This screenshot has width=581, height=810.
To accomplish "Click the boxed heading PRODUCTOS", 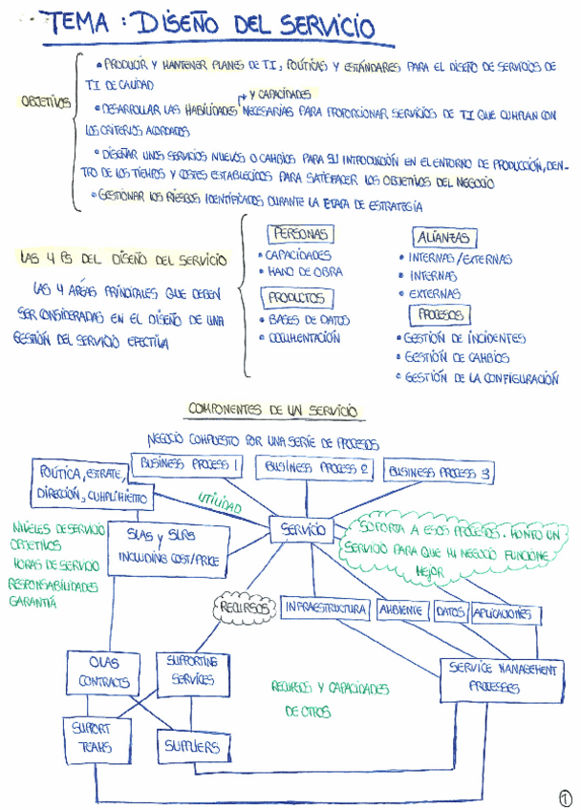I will pos(295,298).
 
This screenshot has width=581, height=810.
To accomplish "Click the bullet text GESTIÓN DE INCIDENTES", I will pos(463,337).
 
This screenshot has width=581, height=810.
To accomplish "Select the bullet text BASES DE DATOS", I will pos(307,320).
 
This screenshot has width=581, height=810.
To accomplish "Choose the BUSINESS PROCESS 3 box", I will pos(439,472).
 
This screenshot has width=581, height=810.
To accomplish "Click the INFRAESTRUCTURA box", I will pos(324,608).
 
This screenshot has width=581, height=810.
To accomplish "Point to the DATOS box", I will pos(449,612).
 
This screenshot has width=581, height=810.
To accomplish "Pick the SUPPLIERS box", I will pos(192,745).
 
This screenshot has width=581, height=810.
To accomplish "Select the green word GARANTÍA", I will pos(33,603).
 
